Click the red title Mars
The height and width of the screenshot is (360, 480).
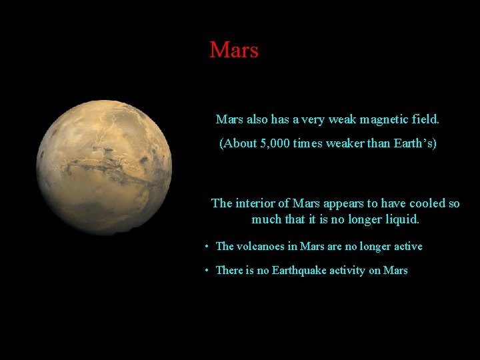point(233,50)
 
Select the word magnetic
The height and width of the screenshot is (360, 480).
point(383,120)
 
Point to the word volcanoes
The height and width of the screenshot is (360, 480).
point(260,247)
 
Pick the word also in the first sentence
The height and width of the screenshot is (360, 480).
point(257,120)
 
